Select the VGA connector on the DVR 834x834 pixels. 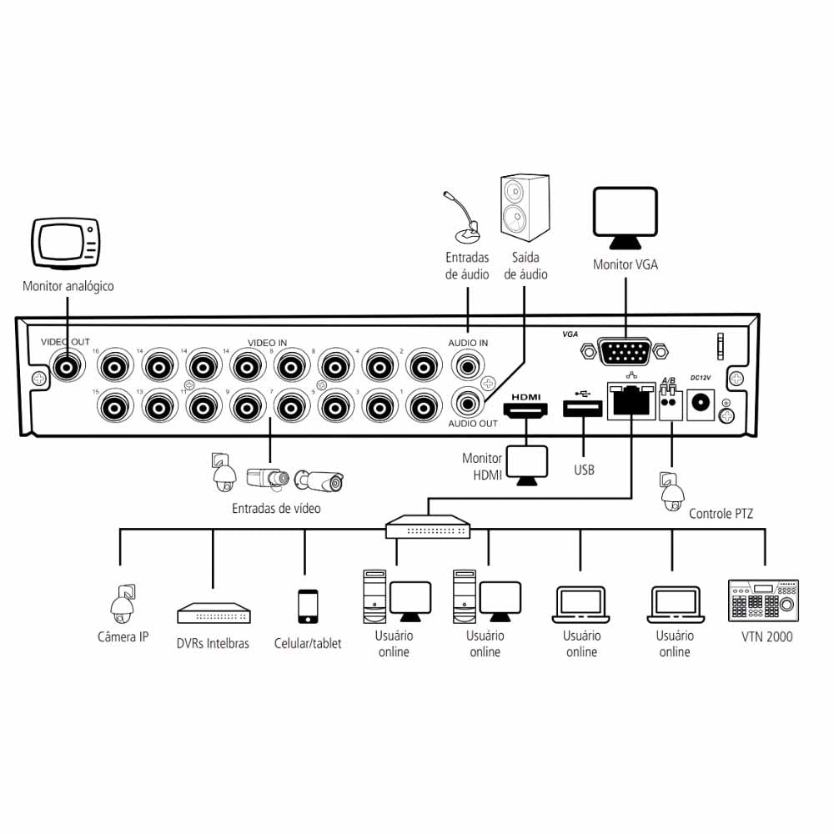coord(625,352)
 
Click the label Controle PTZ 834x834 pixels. coord(721,514)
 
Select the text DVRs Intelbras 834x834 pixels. coord(213,643)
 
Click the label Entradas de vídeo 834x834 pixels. coord(276,508)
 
